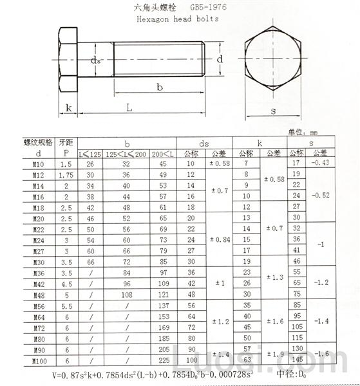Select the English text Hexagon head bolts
coord(178,19)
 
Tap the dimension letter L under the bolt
coord(129,109)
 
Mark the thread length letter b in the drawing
coord(159,87)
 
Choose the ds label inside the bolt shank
coord(96,60)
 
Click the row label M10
coord(39,165)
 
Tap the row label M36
coord(39,273)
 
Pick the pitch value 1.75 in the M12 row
coord(66,176)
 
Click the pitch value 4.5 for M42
coord(66,284)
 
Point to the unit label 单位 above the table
coord(298,132)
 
